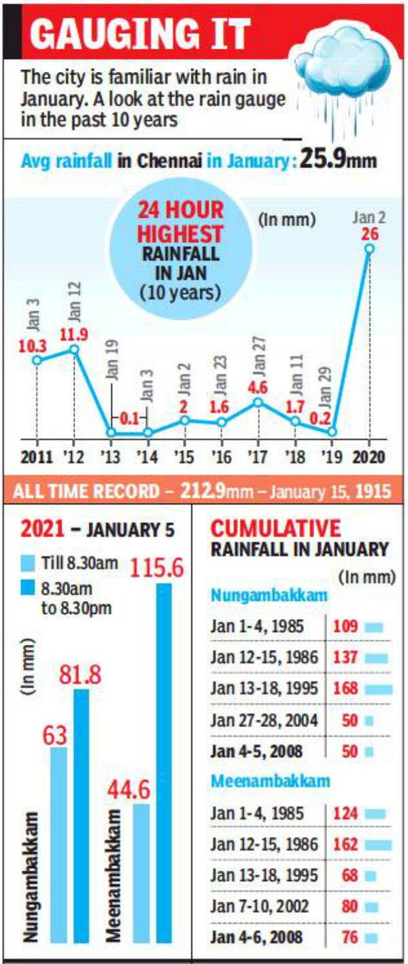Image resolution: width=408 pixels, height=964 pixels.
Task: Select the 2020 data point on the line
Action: [369, 249]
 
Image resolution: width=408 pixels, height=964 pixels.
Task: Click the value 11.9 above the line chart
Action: [75, 334]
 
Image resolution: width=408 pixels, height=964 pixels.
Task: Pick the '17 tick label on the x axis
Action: [258, 456]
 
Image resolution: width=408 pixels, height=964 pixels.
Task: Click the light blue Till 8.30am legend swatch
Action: [28, 562]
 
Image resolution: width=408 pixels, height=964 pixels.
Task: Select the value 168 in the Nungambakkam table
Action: [345, 688]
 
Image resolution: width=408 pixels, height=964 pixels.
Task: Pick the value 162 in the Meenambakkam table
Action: [345, 844]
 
